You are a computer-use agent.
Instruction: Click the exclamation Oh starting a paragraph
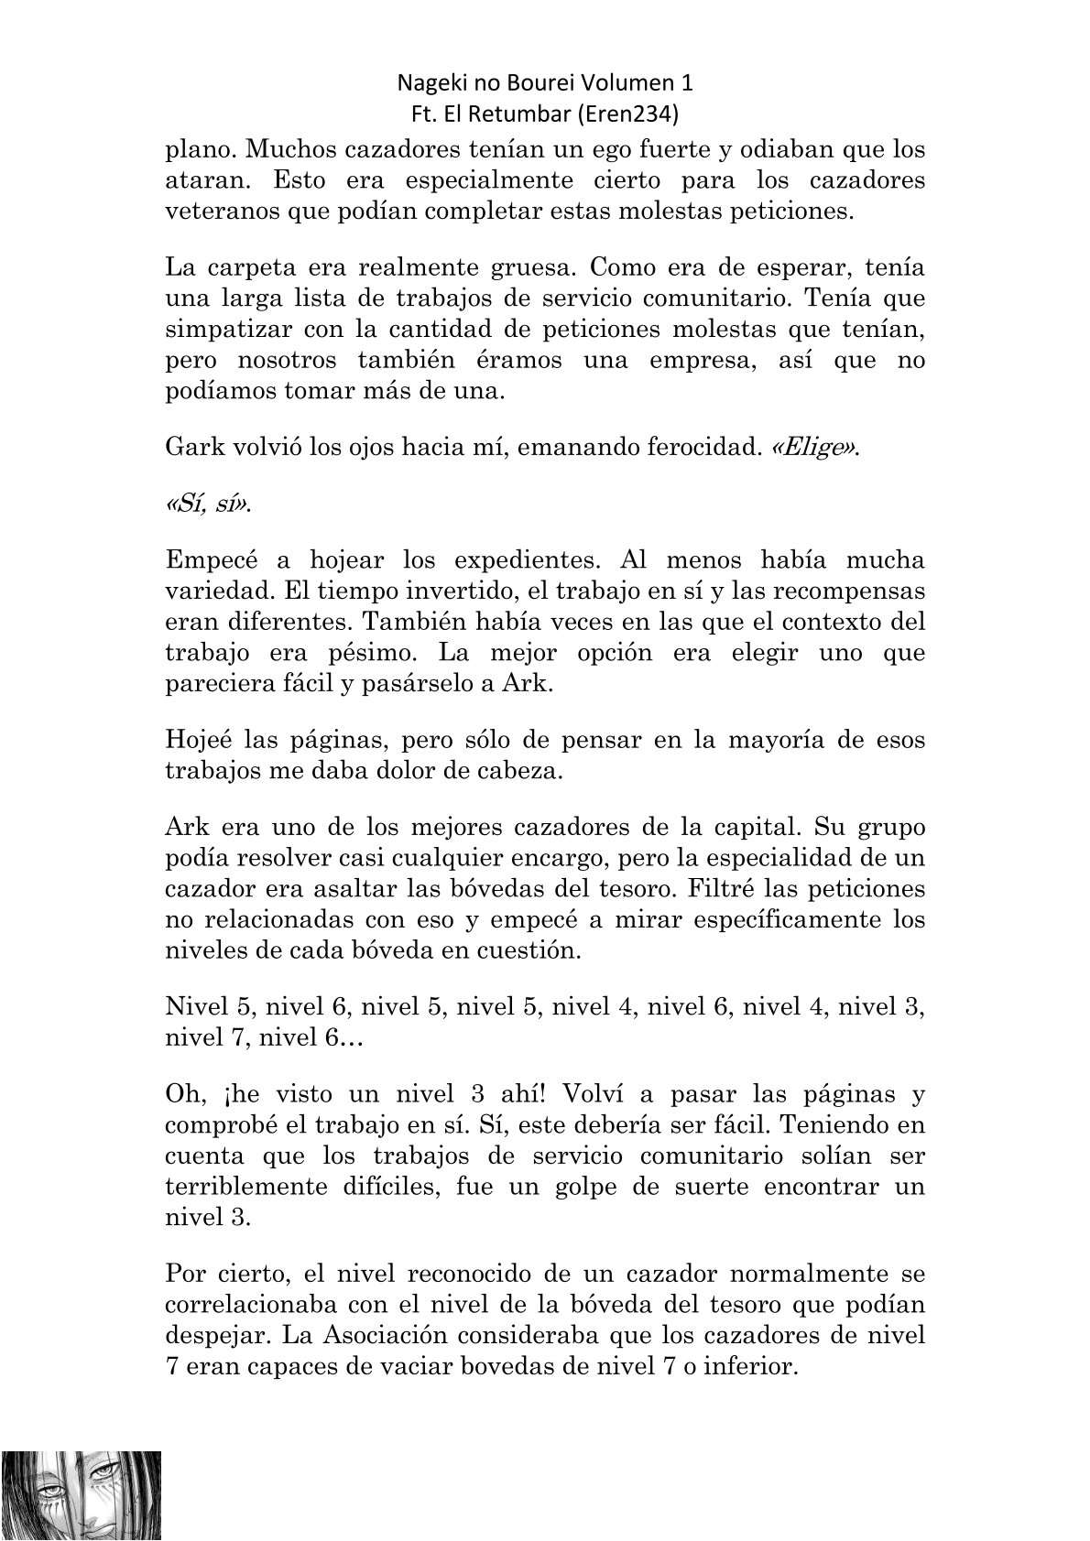(183, 1094)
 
